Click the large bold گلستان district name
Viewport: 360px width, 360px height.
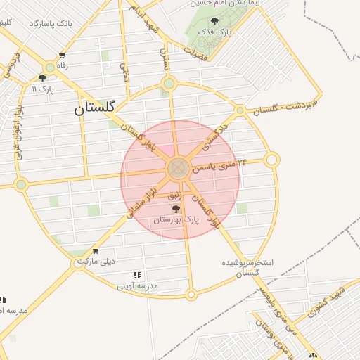click(98, 108)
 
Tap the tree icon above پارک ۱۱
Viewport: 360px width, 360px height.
click(43, 79)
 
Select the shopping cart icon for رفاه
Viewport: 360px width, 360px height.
click(63, 56)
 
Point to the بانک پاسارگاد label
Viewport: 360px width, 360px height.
click(51, 23)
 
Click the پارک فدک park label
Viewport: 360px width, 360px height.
click(214, 32)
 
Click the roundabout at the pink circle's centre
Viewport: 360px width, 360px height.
click(177, 168)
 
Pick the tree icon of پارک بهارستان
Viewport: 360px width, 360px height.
click(175, 209)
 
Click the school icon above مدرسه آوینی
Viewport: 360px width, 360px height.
click(137, 275)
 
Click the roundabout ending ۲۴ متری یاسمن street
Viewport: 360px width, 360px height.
click(272, 160)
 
